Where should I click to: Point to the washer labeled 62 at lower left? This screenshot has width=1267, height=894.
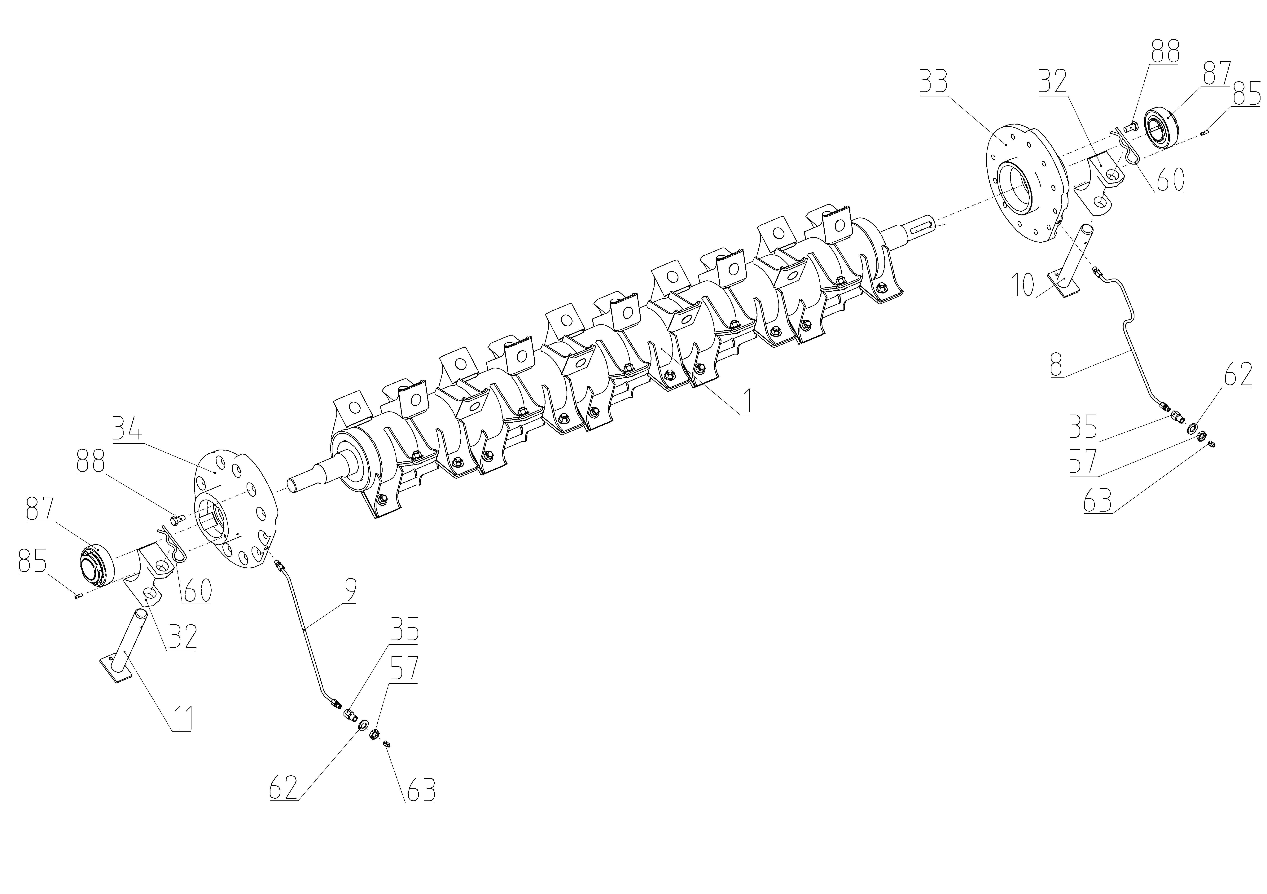coord(364,724)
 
